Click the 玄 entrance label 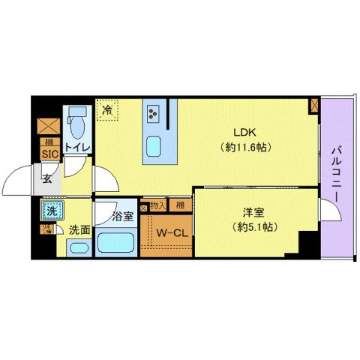46,179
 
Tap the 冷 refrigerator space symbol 107,109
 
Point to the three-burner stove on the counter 154,112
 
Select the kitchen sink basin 155,145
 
